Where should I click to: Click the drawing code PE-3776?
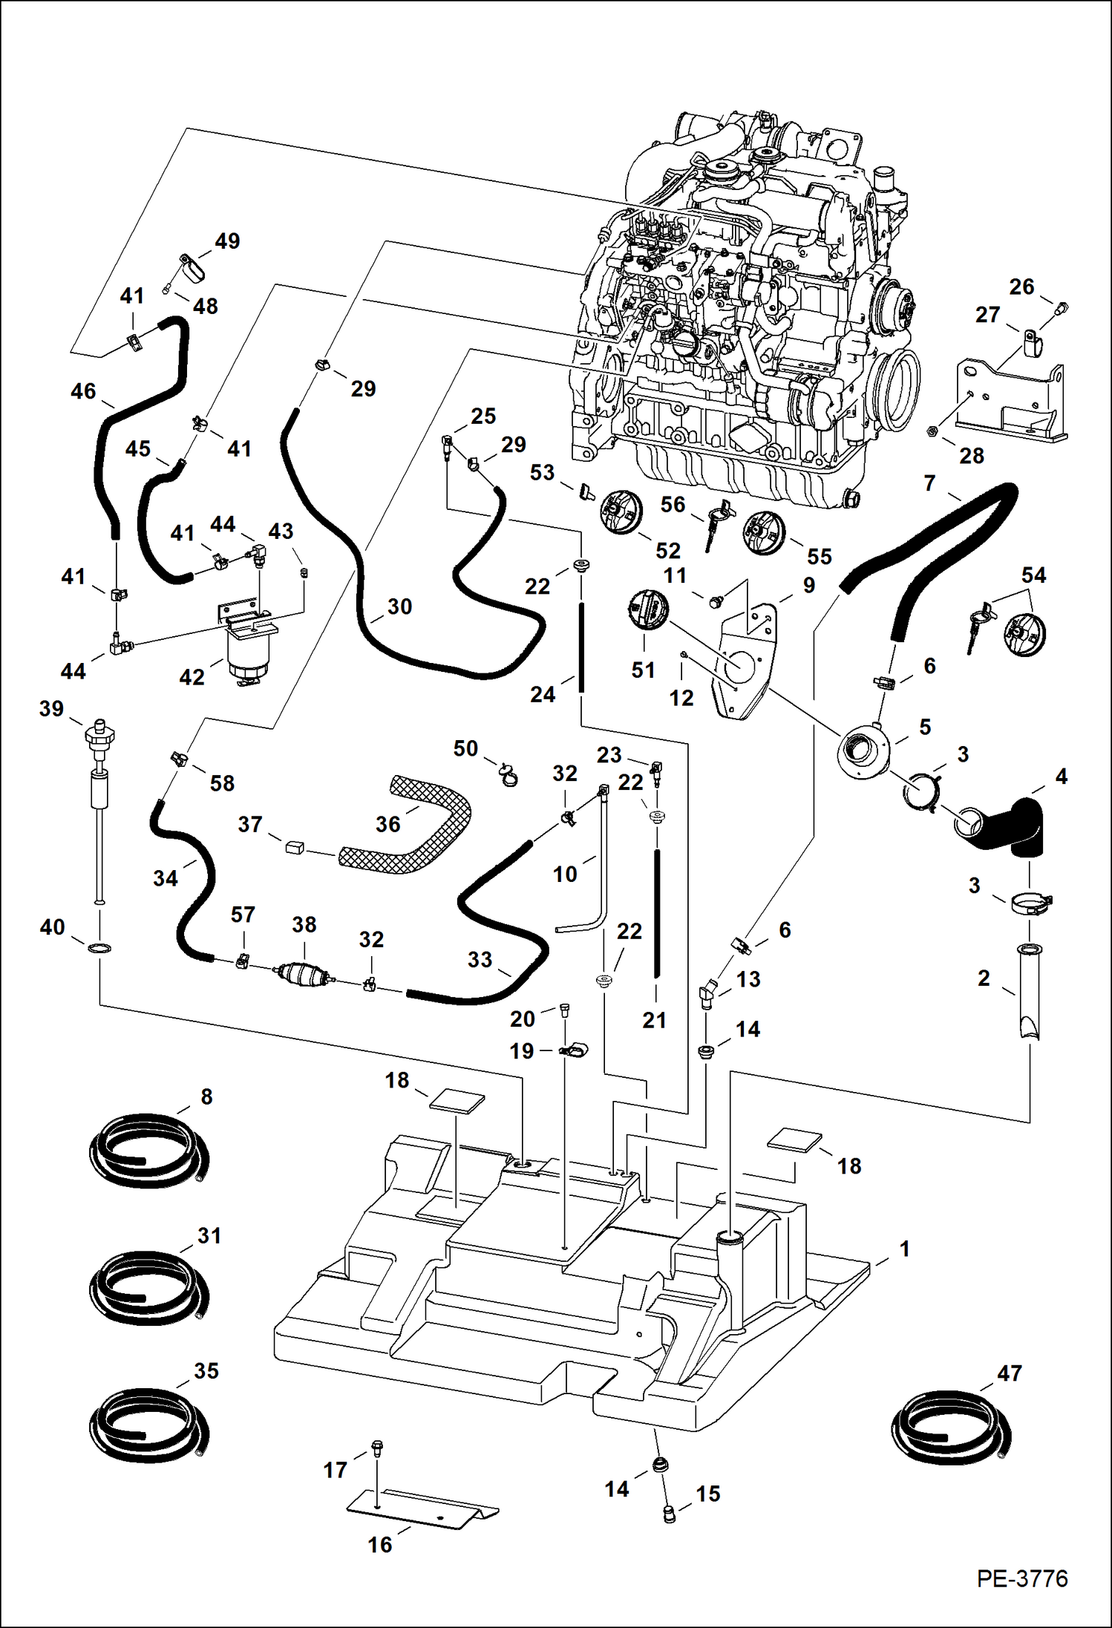point(1021,1578)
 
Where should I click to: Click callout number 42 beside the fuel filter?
point(192,677)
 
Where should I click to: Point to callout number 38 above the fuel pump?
point(304,924)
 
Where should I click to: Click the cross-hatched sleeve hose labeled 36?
point(416,831)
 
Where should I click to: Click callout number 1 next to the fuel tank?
point(904,1249)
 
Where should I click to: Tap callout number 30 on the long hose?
point(399,607)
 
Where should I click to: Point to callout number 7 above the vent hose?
point(929,483)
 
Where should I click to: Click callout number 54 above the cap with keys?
point(1033,575)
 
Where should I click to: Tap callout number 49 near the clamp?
point(227,241)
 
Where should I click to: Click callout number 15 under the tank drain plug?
point(707,1494)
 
